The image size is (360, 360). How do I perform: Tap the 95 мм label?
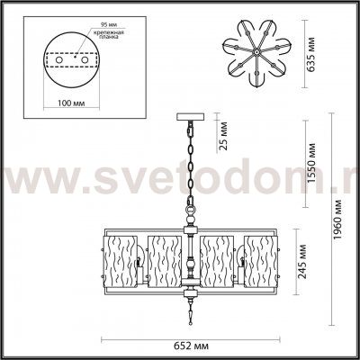(99, 20)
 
